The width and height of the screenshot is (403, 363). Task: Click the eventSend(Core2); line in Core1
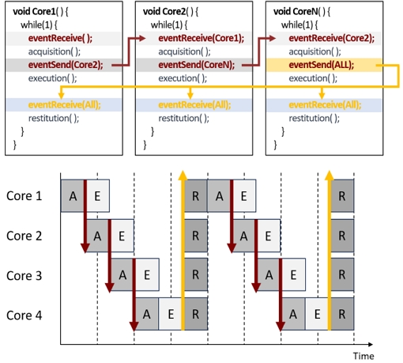coord(66,65)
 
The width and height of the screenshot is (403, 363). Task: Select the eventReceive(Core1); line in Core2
coord(201,39)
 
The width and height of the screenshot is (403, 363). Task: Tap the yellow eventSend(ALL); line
coord(322,65)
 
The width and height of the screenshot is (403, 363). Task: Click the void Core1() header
coord(40,12)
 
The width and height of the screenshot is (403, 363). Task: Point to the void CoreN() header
coord(301,12)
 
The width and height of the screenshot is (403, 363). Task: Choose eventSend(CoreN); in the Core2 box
coord(196,65)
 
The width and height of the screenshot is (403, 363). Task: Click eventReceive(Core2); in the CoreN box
coord(331,39)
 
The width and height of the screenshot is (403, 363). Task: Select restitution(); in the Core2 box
coord(183,118)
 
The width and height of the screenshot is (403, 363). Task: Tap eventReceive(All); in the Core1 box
coord(64,105)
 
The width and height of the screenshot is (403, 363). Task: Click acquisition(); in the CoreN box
coord(314,51)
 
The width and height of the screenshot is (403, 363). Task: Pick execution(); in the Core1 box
coord(52,78)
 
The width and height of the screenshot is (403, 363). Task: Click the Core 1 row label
coord(24,196)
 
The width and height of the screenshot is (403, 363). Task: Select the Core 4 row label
coord(24,315)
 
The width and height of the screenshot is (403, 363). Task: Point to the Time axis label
coord(363,356)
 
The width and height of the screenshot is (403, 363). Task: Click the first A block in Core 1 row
coord(73,196)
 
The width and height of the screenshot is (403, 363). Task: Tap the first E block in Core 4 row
coord(171,314)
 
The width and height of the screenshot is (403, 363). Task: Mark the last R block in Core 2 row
coord(342,236)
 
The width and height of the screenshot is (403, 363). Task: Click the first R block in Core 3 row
coord(196,274)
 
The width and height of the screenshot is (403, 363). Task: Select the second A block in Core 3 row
coord(269,274)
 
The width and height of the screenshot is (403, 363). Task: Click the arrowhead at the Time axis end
coord(371,344)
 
